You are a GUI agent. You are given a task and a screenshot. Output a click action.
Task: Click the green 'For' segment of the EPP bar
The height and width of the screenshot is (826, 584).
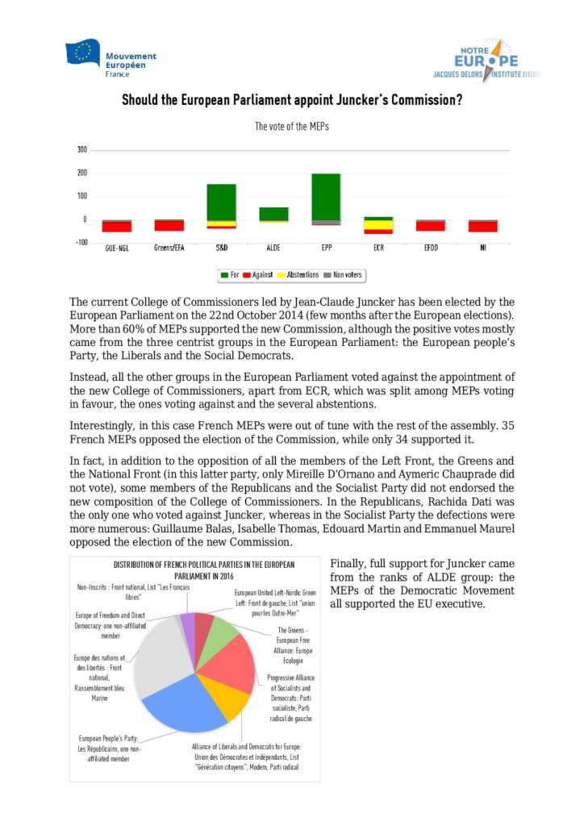(x=326, y=196)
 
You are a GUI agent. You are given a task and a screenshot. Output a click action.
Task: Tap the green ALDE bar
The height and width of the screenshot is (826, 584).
(x=273, y=213)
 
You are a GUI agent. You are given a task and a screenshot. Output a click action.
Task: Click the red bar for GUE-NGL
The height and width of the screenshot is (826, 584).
(x=116, y=226)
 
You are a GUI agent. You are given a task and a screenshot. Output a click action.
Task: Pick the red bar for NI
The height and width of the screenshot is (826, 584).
(x=483, y=226)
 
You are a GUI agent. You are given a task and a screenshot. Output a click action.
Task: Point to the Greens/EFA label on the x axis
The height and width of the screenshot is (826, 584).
(x=169, y=249)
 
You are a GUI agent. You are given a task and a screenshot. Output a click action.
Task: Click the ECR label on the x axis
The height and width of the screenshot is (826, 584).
(x=378, y=249)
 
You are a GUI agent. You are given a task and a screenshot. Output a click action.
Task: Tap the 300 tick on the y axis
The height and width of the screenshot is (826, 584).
(x=81, y=150)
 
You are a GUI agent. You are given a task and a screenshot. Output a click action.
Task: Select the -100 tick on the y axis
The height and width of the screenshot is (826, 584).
(x=81, y=243)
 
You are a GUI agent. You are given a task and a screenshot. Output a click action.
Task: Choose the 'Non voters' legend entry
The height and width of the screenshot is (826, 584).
(x=344, y=275)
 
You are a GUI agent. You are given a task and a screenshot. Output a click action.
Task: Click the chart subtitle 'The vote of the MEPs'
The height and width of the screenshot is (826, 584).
(x=291, y=127)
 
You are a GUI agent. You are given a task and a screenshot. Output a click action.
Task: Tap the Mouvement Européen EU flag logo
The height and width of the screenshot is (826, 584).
(x=82, y=54)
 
